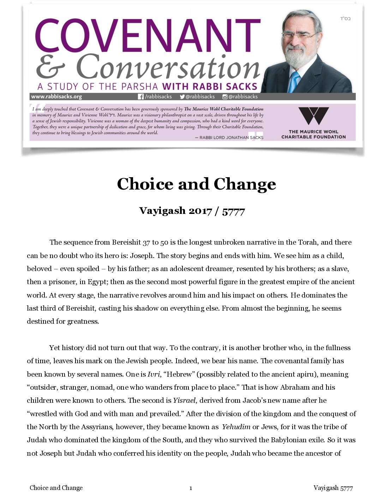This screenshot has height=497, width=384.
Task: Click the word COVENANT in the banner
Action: coord(148,35)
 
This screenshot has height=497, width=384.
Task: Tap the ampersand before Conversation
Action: coord(50,67)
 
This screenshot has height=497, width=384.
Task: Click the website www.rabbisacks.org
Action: coord(56,96)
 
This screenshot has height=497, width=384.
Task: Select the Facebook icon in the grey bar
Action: coord(141,97)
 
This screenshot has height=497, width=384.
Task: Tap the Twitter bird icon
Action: coord(182,97)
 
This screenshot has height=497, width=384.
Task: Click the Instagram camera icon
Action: coord(225,97)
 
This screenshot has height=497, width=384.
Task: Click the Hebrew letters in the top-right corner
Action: coord(345,18)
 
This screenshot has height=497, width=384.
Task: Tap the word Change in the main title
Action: coord(245,184)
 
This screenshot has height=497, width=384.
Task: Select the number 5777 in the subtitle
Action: coord(233,211)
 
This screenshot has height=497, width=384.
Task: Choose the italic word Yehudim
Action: coord(236,427)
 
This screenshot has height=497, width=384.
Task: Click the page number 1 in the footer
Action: coord(191,488)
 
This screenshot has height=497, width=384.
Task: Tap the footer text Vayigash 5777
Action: coord(333,488)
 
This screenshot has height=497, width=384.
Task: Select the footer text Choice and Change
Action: coord(56,488)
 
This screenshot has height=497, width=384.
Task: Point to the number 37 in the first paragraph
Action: coord(146,242)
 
